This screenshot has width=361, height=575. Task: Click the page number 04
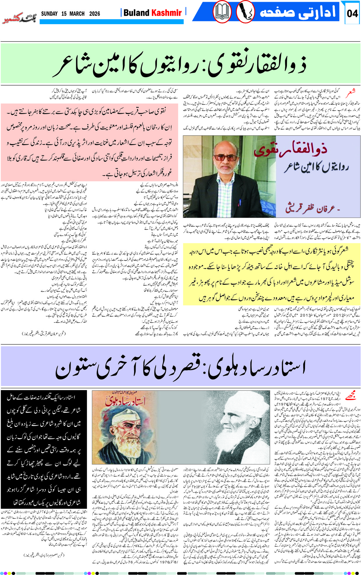tap(352, 13)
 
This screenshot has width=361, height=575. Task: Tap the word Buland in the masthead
tap(136, 13)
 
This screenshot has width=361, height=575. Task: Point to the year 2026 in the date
tap(94, 14)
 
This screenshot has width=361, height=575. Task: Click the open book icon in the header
tap(222, 12)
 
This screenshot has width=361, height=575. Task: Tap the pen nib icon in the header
tap(245, 12)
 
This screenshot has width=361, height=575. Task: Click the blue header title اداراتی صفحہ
tap(297, 13)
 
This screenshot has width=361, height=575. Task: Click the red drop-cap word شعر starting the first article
tap(351, 94)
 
